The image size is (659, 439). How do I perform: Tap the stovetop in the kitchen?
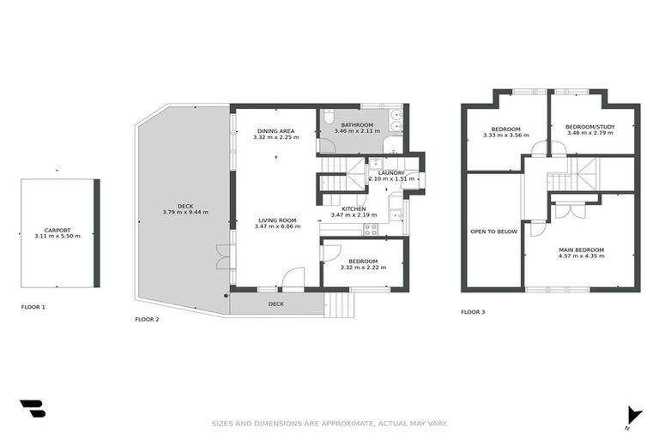[x=372, y=229]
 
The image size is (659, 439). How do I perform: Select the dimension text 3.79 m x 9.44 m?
[x=185, y=212]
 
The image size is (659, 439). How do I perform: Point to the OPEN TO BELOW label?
[x=493, y=231]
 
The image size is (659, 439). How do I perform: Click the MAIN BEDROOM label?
[x=581, y=250]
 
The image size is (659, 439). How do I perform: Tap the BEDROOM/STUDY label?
[x=589, y=128]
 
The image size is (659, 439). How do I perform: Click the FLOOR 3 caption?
[x=473, y=312]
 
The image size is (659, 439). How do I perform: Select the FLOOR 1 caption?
[x=33, y=306]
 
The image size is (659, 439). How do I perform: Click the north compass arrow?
[x=633, y=413]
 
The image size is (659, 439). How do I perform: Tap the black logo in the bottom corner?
[x=33, y=409]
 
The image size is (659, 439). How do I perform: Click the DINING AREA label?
[x=275, y=130]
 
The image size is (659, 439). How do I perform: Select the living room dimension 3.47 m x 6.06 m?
[x=276, y=227]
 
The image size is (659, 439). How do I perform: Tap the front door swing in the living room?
[x=293, y=279]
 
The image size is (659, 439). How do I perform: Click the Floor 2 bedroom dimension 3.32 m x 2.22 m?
[x=362, y=268]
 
